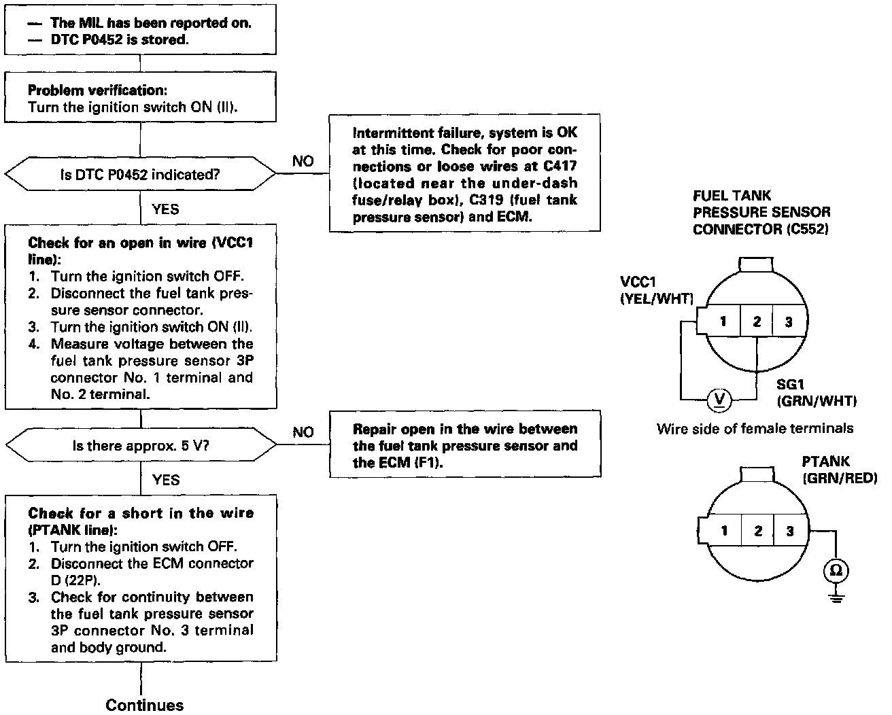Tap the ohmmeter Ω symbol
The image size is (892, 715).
point(836,570)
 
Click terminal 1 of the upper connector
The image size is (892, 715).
point(723,321)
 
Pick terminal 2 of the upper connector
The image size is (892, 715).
point(757,321)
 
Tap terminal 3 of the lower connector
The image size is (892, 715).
point(789,531)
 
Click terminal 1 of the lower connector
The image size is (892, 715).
point(725,531)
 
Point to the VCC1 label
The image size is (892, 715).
point(638,282)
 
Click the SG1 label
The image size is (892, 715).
point(791,385)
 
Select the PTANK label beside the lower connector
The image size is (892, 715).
point(825,462)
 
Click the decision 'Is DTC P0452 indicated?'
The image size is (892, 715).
point(140,175)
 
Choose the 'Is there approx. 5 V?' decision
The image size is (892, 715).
point(140,446)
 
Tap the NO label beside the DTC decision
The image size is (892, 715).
point(303,161)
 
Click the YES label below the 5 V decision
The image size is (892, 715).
point(166,480)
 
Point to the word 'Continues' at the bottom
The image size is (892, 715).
point(145,705)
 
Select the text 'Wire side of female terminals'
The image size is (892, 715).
point(755,428)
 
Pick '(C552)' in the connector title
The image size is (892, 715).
point(808,229)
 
